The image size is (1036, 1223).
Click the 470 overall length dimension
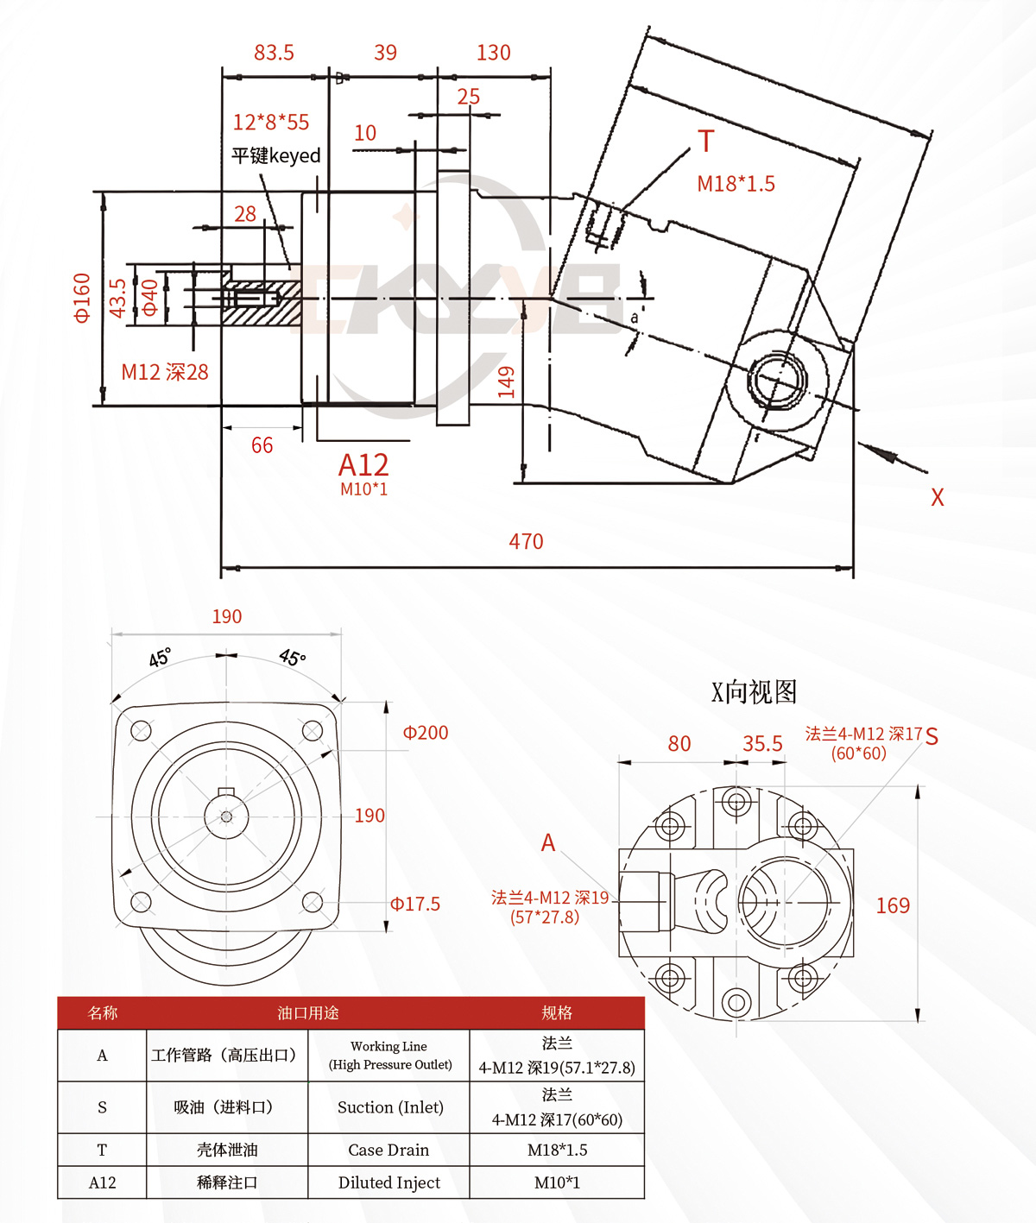pos(526,541)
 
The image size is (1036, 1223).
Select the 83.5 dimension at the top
pos(274,53)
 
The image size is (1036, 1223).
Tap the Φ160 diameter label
pos(82,299)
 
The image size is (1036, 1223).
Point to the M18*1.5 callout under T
pos(736,184)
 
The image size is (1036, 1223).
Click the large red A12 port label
pos(363,464)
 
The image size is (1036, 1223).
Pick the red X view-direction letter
pos(937,497)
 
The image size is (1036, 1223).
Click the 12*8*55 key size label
pos(271,122)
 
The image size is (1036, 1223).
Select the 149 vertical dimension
pos(506,381)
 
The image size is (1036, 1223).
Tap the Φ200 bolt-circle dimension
pos(426,733)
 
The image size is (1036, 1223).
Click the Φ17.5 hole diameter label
pos(415,904)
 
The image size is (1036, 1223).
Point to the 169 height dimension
pos(893,905)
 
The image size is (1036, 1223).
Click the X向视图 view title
pos(754,691)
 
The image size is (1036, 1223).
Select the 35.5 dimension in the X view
pos(762,743)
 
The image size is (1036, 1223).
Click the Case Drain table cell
pos(388,1150)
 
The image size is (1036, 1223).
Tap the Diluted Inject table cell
pos(389,1182)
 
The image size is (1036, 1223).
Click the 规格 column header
pos(557,1013)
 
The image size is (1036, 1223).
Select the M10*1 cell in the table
pos(557,1182)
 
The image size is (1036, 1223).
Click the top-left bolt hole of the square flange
pos(141,731)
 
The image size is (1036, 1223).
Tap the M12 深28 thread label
pos(165,372)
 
